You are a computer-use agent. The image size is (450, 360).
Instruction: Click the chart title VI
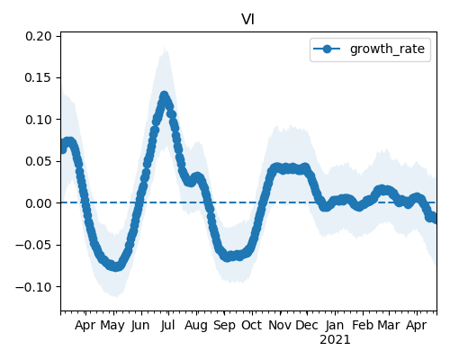tap(248, 20)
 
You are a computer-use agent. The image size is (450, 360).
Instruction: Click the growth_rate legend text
tap(387, 49)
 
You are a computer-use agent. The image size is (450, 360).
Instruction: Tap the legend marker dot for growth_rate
tap(327, 49)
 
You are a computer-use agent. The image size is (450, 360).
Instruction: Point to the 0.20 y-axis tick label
tap(39, 36)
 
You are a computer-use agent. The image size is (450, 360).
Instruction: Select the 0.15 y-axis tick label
tap(39, 78)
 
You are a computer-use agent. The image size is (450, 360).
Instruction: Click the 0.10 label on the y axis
tap(39, 120)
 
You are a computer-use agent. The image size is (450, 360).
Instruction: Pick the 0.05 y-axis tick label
tap(39, 161)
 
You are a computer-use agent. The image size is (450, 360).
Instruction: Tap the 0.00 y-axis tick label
tap(39, 203)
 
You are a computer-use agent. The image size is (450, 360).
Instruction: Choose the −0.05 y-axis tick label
tap(34, 245)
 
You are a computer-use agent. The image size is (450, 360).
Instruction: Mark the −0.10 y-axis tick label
tap(34, 287)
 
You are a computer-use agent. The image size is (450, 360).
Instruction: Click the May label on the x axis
tap(112, 326)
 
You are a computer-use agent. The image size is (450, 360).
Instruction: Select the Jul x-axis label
tap(167, 325)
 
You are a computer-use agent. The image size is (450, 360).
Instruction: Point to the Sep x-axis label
tap(224, 326)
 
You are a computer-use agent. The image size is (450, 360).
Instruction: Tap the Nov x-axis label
tap(280, 325)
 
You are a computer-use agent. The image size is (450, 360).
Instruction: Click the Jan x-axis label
tap(335, 325)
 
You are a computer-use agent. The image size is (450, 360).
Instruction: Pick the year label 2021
tap(335, 340)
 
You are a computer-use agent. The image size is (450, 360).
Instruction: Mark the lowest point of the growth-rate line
tap(116, 266)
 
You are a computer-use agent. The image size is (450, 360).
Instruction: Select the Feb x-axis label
tap(363, 325)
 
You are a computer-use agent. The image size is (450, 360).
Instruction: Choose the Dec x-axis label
tap(307, 325)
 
